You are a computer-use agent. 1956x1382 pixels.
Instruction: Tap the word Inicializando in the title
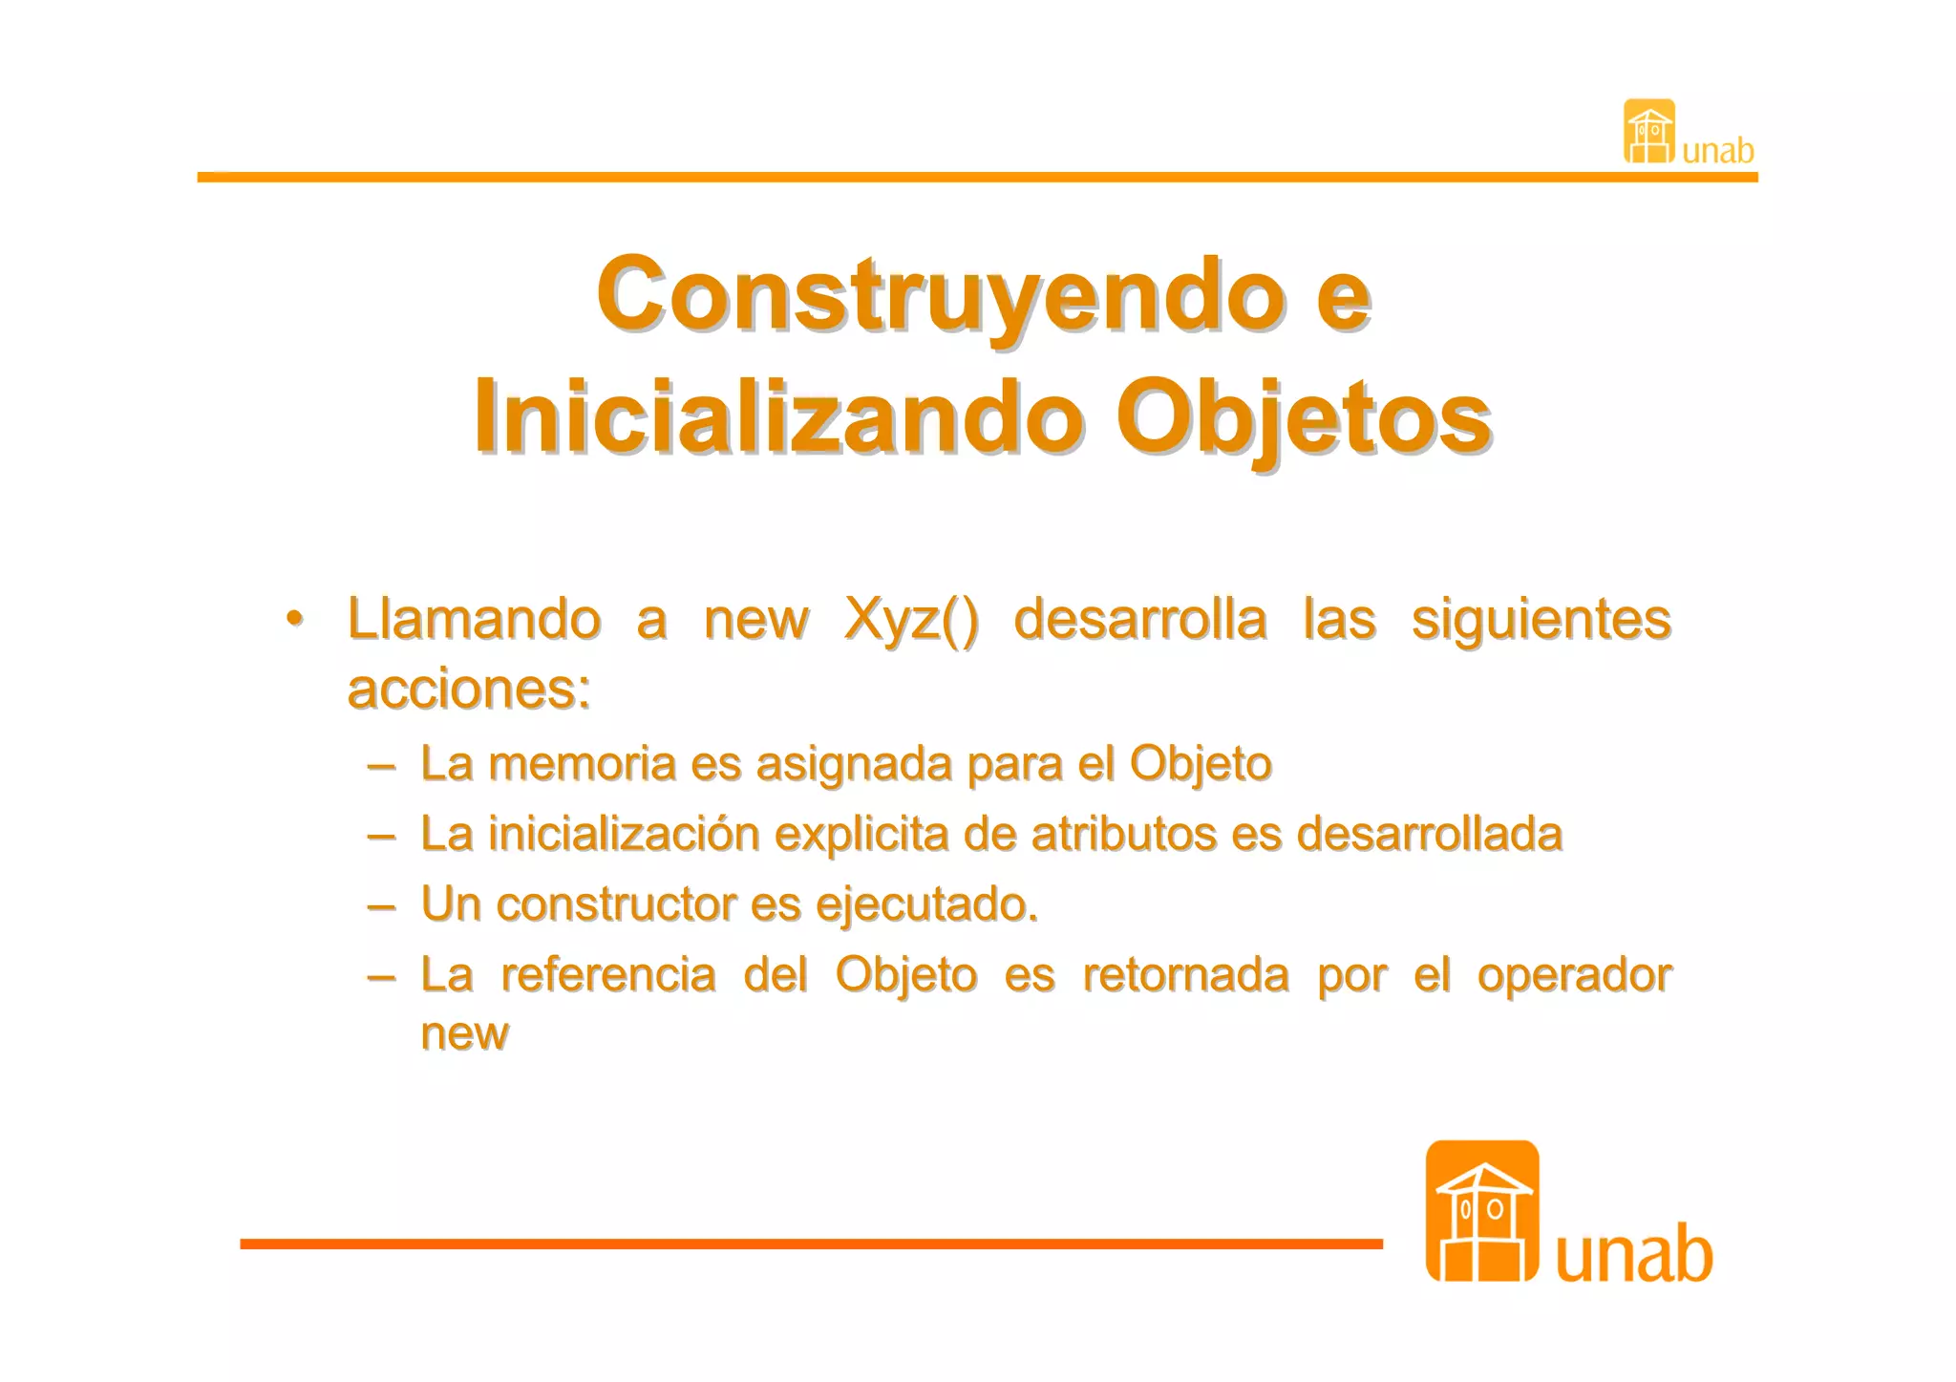(778, 417)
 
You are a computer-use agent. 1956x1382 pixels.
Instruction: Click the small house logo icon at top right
(1648, 132)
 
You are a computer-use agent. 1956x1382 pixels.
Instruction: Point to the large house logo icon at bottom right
(1481, 1211)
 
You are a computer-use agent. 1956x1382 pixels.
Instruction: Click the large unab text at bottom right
(1633, 1254)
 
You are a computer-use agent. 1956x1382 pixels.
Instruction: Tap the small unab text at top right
(1717, 151)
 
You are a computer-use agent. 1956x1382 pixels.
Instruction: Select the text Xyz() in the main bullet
(911, 620)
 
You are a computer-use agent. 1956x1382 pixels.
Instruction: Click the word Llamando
(474, 619)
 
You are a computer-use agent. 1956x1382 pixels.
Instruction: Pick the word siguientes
(1541, 620)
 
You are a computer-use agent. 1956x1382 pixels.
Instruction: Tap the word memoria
(582, 764)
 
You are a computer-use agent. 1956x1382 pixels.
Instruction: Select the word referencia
(607, 975)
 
